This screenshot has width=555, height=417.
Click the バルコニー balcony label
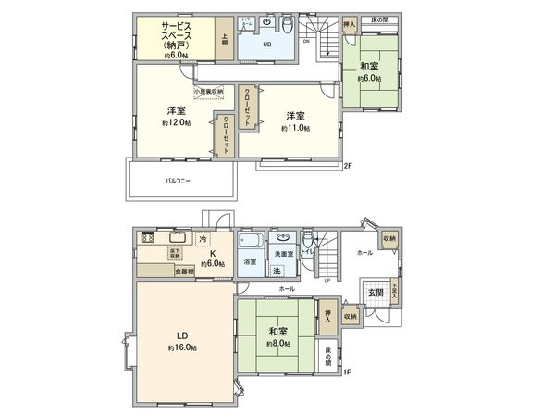coord(178,181)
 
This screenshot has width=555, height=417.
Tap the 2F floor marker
coord(348,167)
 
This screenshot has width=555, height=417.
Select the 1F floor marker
coord(347,374)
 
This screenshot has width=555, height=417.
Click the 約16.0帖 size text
coord(182,347)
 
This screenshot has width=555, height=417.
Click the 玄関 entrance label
coord(377,293)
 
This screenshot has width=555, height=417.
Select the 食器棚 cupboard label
coord(185,272)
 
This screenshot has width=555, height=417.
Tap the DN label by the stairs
coord(306,41)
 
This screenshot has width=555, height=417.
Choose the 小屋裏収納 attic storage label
coord(207,92)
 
